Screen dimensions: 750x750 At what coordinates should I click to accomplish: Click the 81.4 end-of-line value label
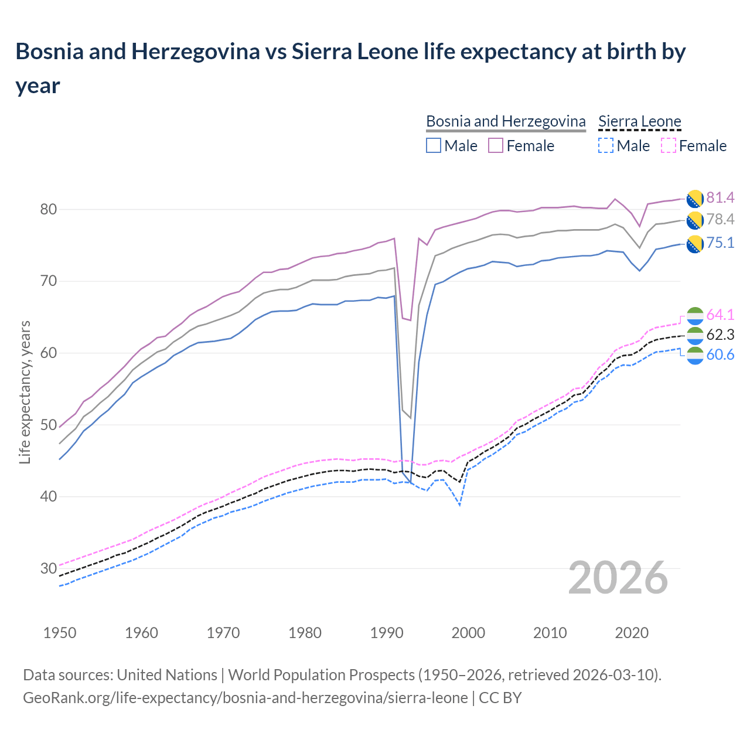click(720, 197)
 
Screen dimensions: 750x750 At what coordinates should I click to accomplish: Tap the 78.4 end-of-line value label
click(720, 219)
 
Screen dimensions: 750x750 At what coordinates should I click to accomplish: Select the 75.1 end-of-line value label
click(720, 243)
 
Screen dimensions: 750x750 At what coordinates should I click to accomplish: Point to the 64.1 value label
click(720, 315)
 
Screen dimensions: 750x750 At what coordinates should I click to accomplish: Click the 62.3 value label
click(720, 335)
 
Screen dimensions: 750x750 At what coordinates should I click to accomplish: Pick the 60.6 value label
click(720, 354)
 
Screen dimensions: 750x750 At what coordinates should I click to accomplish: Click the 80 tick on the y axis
click(49, 209)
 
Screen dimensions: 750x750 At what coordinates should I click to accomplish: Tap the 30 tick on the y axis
click(49, 568)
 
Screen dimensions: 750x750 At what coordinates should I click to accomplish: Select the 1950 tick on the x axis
click(60, 633)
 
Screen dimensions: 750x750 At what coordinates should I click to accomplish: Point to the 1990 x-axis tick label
click(387, 633)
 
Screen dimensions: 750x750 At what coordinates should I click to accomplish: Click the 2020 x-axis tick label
click(632, 633)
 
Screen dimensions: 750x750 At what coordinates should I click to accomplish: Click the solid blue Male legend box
click(434, 145)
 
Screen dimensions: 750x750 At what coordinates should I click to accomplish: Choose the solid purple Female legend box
click(496, 145)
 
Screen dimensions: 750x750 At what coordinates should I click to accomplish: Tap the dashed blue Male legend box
click(606, 145)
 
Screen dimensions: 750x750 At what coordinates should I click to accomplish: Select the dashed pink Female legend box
click(669, 145)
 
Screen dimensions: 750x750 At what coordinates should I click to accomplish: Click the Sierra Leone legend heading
click(639, 121)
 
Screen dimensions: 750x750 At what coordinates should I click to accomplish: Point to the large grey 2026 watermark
click(618, 578)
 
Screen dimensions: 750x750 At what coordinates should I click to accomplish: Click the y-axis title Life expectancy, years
click(25, 392)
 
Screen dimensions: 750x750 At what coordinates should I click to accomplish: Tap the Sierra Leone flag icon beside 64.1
click(695, 315)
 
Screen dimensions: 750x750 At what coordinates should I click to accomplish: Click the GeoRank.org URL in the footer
click(245, 698)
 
